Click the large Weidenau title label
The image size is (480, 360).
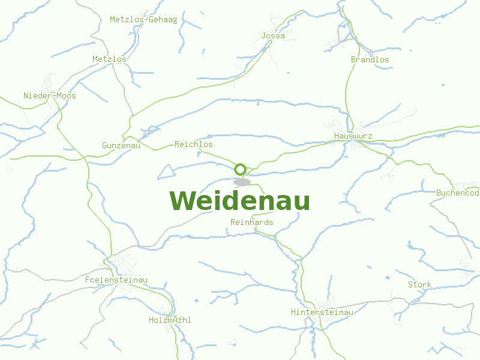[x=239, y=201]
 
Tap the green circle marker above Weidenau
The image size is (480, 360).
[x=241, y=169]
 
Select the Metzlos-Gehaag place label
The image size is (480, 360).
[x=143, y=19]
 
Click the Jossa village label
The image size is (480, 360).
[x=273, y=36]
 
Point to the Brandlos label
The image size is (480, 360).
[x=370, y=59]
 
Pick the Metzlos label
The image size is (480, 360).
[x=109, y=59]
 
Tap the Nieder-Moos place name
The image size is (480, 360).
[x=50, y=95]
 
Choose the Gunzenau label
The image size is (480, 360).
[x=121, y=145]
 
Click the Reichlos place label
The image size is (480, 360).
[x=193, y=145]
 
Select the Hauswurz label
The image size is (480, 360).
[x=353, y=136]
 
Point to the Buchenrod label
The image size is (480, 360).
[x=457, y=193]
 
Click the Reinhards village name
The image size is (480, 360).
[x=251, y=222]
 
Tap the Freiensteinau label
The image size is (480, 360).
[x=116, y=280]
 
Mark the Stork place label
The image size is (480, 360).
[x=419, y=284]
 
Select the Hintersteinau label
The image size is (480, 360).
[x=322, y=312]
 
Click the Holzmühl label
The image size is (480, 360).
[x=170, y=320]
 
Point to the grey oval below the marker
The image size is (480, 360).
[x=242, y=182]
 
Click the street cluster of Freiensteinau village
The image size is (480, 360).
[x=123, y=264]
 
